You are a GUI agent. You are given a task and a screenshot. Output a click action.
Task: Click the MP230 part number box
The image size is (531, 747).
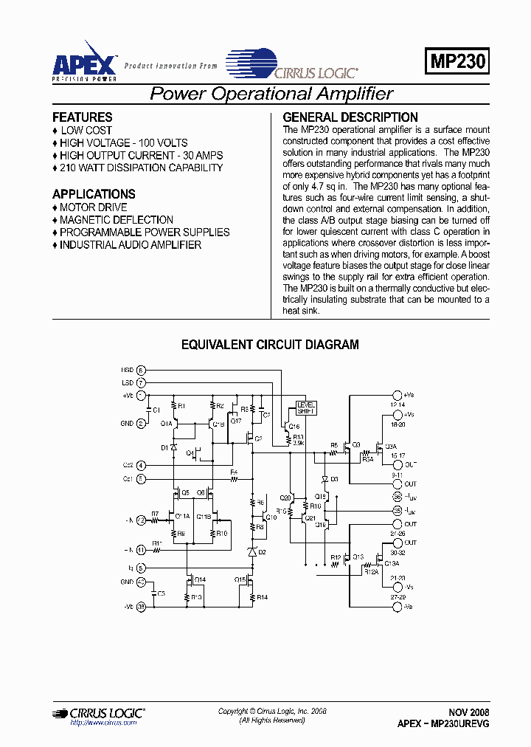(457, 61)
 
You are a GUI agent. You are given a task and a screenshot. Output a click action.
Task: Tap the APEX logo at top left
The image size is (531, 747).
(83, 61)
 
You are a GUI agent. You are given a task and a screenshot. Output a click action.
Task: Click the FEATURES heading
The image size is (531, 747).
(83, 117)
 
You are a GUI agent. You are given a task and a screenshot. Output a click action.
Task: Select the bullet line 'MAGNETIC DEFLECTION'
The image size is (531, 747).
(117, 219)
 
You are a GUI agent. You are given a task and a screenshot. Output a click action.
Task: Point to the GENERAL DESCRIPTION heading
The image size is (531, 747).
(350, 117)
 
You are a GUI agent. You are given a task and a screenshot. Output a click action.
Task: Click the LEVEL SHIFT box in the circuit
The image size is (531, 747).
(305, 408)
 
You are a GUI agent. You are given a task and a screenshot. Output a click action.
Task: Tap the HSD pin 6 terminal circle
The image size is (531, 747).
(141, 370)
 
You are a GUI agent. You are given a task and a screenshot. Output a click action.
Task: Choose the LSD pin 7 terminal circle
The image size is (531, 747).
(141, 383)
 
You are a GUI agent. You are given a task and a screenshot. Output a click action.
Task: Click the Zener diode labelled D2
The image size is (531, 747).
(251, 552)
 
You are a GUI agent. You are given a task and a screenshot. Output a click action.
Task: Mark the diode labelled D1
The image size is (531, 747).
(174, 448)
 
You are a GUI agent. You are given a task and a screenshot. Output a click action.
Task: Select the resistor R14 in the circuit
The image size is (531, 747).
(251, 596)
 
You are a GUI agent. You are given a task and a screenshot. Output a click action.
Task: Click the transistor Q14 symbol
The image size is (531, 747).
(191, 579)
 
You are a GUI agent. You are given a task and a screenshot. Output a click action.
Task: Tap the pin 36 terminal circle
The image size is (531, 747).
(398, 495)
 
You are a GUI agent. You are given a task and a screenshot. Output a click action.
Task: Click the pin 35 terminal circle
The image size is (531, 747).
(398, 509)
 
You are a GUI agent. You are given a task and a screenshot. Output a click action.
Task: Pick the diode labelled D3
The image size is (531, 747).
(325, 479)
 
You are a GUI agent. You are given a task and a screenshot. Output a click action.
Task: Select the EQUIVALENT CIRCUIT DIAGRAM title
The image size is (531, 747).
(270, 345)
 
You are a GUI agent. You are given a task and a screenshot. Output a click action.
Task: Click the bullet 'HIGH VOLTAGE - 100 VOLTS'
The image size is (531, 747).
(124, 142)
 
